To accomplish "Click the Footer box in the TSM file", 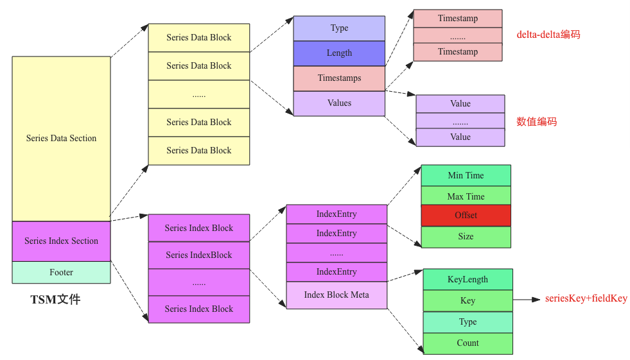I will pyautogui.click(x=61, y=272).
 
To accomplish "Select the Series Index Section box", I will pyautogui.click(x=61, y=241).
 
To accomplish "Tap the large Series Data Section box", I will pyautogui.click(x=61, y=138).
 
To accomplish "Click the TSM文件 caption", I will pyautogui.click(x=56, y=299).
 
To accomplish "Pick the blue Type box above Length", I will pyautogui.click(x=339, y=28).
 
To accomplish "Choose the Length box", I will pyautogui.click(x=339, y=53).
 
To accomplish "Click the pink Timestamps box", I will pyautogui.click(x=339, y=78).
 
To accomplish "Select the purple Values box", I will pyautogui.click(x=339, y=103).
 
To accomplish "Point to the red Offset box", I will pyautogui.click(x=466, y=215).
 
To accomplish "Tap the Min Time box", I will pyautogui.click(x=466, y=175).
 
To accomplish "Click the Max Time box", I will pyautogui.click(x=466, y=196).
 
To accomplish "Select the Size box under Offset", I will pyautogui.click(x=466, y=237).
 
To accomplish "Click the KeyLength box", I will pyautogui.click(x=468, y=279).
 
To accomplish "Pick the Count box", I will pyautogui.click(x=468, y=343).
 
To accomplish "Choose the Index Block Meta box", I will pyautogui.click(x=337, y=295).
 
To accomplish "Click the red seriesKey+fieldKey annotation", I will pyautogui.click(x=586, y=298).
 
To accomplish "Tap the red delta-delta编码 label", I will pyautogui.click(x=548, y=35).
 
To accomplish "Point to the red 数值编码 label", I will pyautogui.click(x=536, y=121).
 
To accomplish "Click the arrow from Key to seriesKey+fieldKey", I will pyautogui.click(x=527, y=300).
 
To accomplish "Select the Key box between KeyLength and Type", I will pyautogui.click(x=468, y=300).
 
